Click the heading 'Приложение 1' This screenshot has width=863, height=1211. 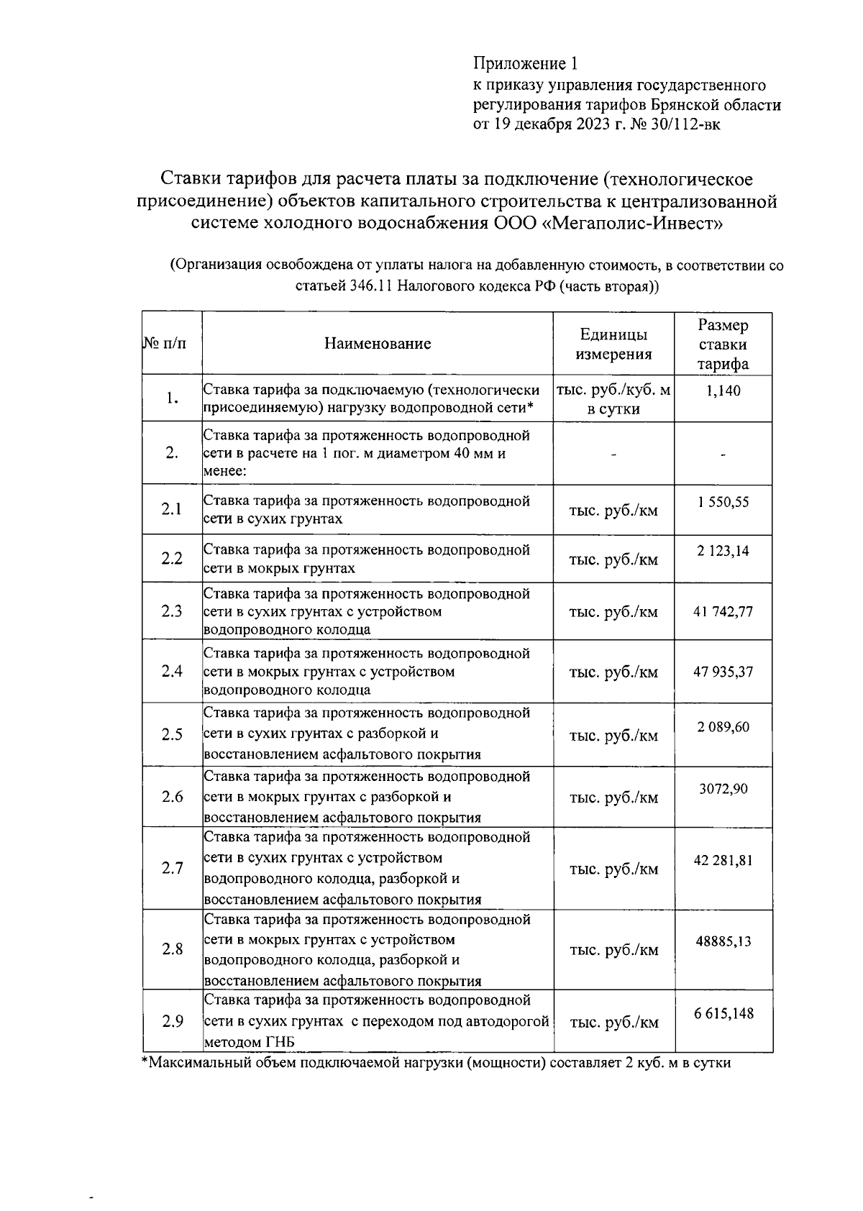pos(525,64)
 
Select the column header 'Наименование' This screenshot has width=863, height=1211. pos(378,344)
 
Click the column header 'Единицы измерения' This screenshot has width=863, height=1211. pos(613,344)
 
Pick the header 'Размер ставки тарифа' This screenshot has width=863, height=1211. pos(723,344)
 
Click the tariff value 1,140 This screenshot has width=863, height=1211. pos(723,391)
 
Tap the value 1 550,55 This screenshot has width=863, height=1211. pos(723,502)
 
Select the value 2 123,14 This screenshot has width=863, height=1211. pos(723,552)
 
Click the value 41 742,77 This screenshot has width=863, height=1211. pos(723,612)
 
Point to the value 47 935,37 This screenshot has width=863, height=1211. pos(723,672)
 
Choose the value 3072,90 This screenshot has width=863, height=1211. pos(723,789)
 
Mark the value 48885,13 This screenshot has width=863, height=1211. pos(723,941)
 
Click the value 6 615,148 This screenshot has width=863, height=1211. pos(723,1014)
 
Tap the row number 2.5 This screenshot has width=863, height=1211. pos(172,735)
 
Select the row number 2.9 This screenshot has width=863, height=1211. pos(172,1021)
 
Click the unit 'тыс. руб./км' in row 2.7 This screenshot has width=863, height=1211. pos(613,869)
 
